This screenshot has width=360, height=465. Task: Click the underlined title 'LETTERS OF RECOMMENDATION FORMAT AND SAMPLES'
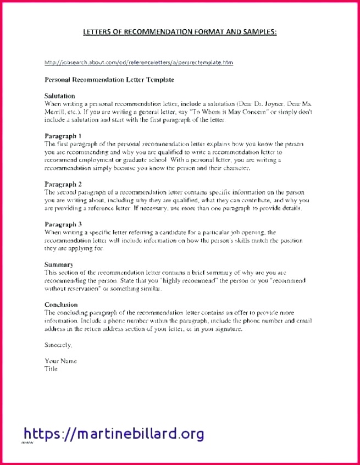point(180,32)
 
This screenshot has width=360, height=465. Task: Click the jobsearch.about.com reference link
point(138,63)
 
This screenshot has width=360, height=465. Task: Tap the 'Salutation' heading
point(59,96)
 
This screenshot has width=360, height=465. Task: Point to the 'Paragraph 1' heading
point(63,135)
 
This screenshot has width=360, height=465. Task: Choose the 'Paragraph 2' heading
point(63,185)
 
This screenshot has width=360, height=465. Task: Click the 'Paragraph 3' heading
point(63,224)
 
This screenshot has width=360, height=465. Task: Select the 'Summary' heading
point(59,265)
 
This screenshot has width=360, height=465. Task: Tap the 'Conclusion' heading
point(61,305)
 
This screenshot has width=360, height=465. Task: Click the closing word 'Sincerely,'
point(58,345)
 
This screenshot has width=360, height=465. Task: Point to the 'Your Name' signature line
point(60,361)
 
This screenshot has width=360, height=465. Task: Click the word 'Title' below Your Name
point(51,369)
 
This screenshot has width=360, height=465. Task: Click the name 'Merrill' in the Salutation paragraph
point(54,111)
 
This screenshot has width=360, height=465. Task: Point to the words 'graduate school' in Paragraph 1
point(145,160)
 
